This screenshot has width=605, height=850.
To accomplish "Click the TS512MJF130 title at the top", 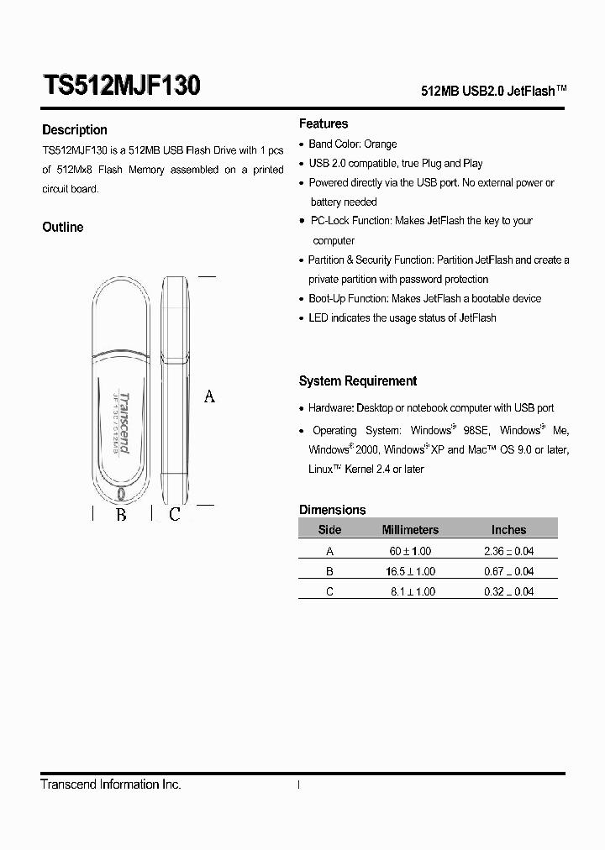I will (121, 87).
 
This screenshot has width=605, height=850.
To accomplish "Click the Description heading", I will (75, 130).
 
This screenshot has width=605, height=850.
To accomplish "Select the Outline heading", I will (63, 227).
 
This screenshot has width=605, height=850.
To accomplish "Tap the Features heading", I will (324, 123).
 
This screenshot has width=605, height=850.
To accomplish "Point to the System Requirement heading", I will (358, 381).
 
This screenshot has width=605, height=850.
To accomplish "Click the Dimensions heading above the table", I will (333, 510).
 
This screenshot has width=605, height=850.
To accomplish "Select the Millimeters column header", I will (410, 530).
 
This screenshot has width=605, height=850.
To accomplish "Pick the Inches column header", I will (508, 530).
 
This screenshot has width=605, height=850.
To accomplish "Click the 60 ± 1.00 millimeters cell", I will (410, 551).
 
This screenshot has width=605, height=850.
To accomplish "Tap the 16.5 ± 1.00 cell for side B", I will (410, 571).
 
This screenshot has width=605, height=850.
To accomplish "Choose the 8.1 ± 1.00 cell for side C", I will (413, 591).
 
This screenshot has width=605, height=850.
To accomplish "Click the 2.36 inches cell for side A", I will (508, 551).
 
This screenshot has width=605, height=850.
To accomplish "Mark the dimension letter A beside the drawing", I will (209, 396).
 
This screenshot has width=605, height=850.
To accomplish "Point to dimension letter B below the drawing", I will (121, 514).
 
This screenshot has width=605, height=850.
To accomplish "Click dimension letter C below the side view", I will (175, 514).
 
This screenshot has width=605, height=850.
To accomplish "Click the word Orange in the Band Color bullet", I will (380, 144).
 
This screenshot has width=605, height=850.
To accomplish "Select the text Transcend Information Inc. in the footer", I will (111, 784).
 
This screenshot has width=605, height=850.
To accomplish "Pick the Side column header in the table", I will (329, 530).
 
